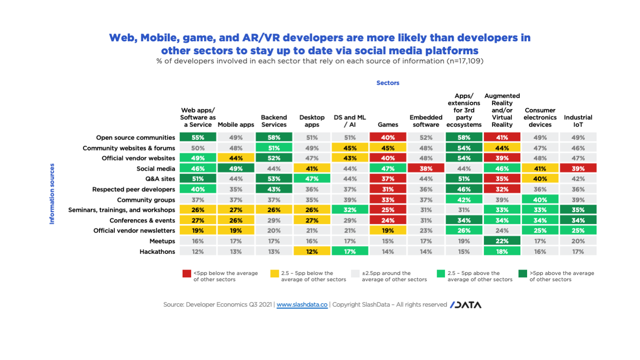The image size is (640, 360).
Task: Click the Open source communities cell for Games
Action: (x=388, y=137)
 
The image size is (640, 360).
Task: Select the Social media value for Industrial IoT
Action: (x=578, y=169)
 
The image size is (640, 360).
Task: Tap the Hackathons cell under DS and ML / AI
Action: (x=350, y=251)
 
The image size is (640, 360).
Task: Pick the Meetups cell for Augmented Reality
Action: (x=502, y=241)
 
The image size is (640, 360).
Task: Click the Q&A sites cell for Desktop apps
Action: (x=312, y=179)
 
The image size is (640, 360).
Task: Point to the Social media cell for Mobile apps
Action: (x=236, y=169)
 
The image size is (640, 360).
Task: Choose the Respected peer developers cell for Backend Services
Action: (x=274, y=189)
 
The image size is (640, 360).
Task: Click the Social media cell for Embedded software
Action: (x=426, y=169)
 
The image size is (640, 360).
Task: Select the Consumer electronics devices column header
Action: (x=540, y=117)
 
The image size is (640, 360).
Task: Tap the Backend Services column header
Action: (x=274, y=121)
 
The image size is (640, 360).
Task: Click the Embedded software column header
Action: (x=426, y=121)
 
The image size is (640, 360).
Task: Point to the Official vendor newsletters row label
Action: (x=134, y=231)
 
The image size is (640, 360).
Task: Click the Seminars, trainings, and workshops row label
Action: (x=122, y=210)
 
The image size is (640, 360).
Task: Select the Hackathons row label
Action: (x=157, y=251)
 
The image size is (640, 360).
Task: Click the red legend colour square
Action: (x=186, y=273)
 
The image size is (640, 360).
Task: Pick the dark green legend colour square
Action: (x=522, y=273)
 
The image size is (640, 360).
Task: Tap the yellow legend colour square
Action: (x=274, y=273)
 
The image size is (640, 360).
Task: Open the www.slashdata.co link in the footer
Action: (x=302, y=305)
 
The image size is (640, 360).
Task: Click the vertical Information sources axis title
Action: (x=52, y=194)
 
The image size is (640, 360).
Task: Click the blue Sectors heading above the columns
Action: (x=388, y=83)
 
